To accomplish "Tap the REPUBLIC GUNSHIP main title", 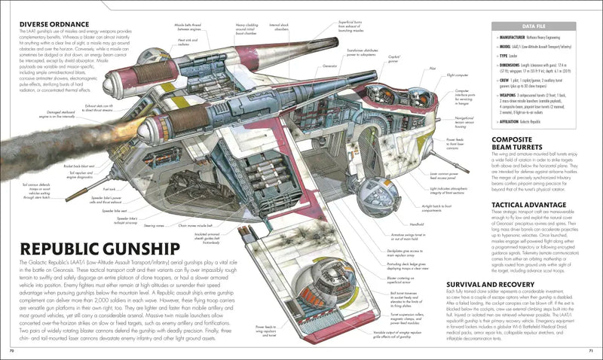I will (x=103, y=250).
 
